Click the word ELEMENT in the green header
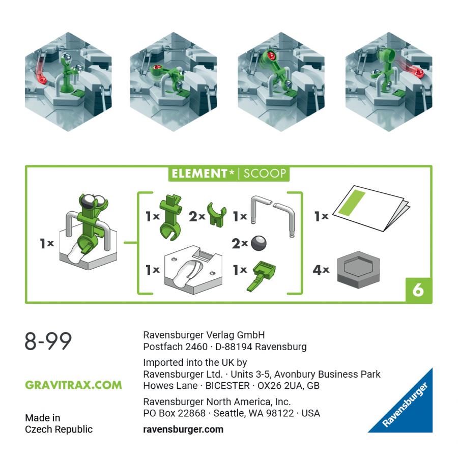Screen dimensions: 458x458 pyautogui.click(x=199, y=174)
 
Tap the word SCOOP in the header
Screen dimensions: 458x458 pyautogui.click(x=265, y=174)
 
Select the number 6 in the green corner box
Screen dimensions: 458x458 pyautogui.click(x=418, y=290)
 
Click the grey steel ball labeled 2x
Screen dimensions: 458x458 pyautogui.click(x=259, y=243)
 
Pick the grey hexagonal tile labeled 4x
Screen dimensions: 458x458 pyautogui.click(x=358, y=270)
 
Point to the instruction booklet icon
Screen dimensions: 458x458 pyautogui.click(x=371, y=208)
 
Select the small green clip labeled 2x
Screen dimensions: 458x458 pyautogui.click(x=216, y=215)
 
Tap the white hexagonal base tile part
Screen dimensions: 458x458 pyautogui.click(x=193, y=270)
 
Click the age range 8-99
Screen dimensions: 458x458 pyautogui.click(x=48, y=341)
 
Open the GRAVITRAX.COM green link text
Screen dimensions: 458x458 pyautogui.click(x=73, y=385)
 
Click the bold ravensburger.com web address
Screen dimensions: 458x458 pyautogui.click(x=183, y=430)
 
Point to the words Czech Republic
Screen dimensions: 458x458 pyautogui.click(x=59, y=430)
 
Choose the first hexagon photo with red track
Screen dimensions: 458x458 pyautogui.click(x=68, y=81)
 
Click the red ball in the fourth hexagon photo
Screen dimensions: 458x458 pyautogui.click(x=420, y=73)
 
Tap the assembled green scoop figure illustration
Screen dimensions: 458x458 pyautogui.click(x=88, y=231)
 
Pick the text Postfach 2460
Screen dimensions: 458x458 pyautogui.click(x=175, y=347)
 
